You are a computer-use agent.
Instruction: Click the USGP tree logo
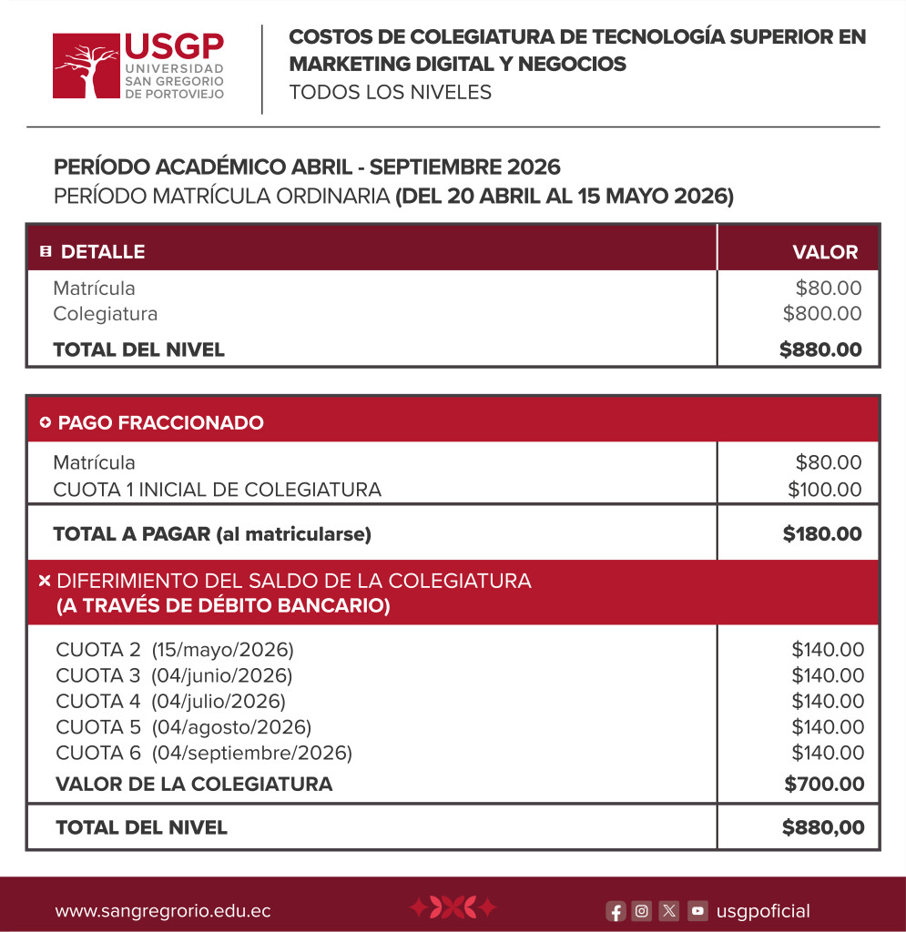87,66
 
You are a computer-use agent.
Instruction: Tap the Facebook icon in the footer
616,910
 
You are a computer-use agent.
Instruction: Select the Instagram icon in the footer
642,910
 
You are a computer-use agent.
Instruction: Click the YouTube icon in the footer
697,910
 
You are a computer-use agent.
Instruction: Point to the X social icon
669,910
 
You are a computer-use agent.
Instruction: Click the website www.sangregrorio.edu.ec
163,911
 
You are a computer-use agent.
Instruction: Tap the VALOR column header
825,252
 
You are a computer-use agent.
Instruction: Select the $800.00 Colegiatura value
822,314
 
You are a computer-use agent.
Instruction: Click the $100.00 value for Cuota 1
824,490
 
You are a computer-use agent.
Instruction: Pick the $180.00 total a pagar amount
822,534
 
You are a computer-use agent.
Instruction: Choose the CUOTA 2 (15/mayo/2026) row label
175,650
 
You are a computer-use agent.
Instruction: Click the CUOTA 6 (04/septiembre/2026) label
204,753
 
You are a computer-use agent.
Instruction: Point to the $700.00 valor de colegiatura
824,784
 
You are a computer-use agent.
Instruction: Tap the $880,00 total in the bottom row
822,827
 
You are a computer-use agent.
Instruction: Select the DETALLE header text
103,252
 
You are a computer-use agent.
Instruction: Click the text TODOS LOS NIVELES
390,92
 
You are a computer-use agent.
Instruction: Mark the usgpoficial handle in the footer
763,911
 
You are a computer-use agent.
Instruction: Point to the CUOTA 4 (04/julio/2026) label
171,701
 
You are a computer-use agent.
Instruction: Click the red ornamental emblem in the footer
453,907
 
